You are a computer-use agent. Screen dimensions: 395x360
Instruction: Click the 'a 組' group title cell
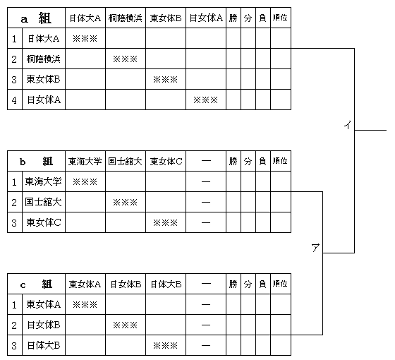pyautogui.click(x=36, y=18)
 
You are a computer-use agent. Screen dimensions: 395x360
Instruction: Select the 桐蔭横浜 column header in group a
pyautogui.click(x=126, y=18)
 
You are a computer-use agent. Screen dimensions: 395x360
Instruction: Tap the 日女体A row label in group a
pyautogui.click(x=44, y=100)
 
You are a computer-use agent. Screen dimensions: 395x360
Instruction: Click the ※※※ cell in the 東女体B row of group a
pyautogui.click(x=166, y=79)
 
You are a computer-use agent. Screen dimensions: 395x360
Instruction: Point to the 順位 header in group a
pyautogui.click(x=281, y=18)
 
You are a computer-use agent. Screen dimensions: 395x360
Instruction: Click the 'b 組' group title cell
pyautogui.click(x=36, y=161)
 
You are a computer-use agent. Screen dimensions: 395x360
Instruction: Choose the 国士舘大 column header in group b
pyautogui.click(x=126, y=161)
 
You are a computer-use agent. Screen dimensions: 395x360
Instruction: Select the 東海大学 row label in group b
pyautogui.click(x=44, y=181)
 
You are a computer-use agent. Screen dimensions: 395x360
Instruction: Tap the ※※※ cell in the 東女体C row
pyautogui.click(x=166, y=222)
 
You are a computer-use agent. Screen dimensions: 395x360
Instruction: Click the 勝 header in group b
pyautogui.click(x=233, y=161)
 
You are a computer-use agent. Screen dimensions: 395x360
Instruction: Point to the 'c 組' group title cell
pyautogui.click(x=36, y=284)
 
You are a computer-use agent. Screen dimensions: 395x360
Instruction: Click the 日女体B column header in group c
pyautogui.click(x=126, y=284)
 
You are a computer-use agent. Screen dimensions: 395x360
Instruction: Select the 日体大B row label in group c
pyautogui.click(x=44, y=345)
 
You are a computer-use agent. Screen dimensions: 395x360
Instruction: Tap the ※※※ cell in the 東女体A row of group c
pyautogui.click(x=85, y=304)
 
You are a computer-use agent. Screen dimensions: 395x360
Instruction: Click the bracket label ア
pyautogui.click(x=315, y=248)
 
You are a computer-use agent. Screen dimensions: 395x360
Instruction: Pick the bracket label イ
pyautogui.click(x=348, y=125)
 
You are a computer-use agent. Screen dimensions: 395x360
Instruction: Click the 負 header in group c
pyautogui.click(x=262, y=284)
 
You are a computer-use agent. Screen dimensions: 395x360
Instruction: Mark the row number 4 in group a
pyautogui.click(x=14, y=100)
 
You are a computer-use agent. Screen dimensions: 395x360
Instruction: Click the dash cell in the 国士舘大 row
pyautogui.click(x=206, y=202)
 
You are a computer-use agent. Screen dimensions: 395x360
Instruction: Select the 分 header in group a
pyautogui.click(x=248, y=18)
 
